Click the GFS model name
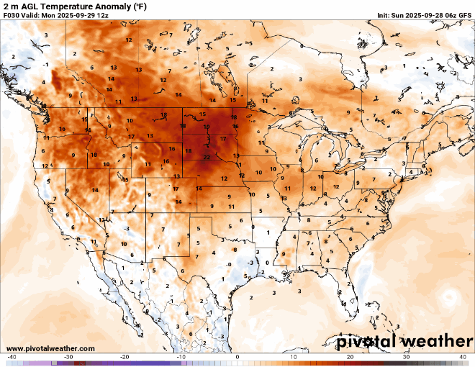point(463,15)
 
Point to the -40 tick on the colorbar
point(12,357)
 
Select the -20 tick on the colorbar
point(124,357)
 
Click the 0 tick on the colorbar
point(237,357)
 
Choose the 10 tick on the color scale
point(294,357)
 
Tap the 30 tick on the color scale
point(407,357)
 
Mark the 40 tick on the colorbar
point(463,357)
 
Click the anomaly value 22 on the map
point(207,157)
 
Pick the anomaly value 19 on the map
point(207,127)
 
